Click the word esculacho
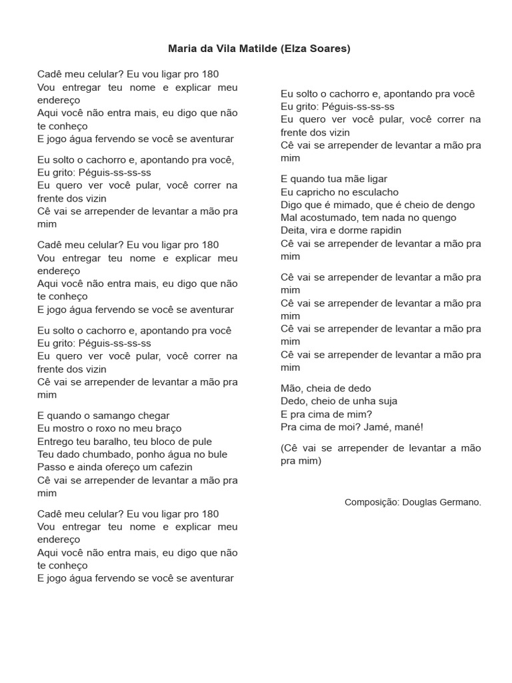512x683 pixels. (373, 192)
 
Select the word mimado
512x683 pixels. (357, 205)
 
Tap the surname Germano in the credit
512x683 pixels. (459, 502)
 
